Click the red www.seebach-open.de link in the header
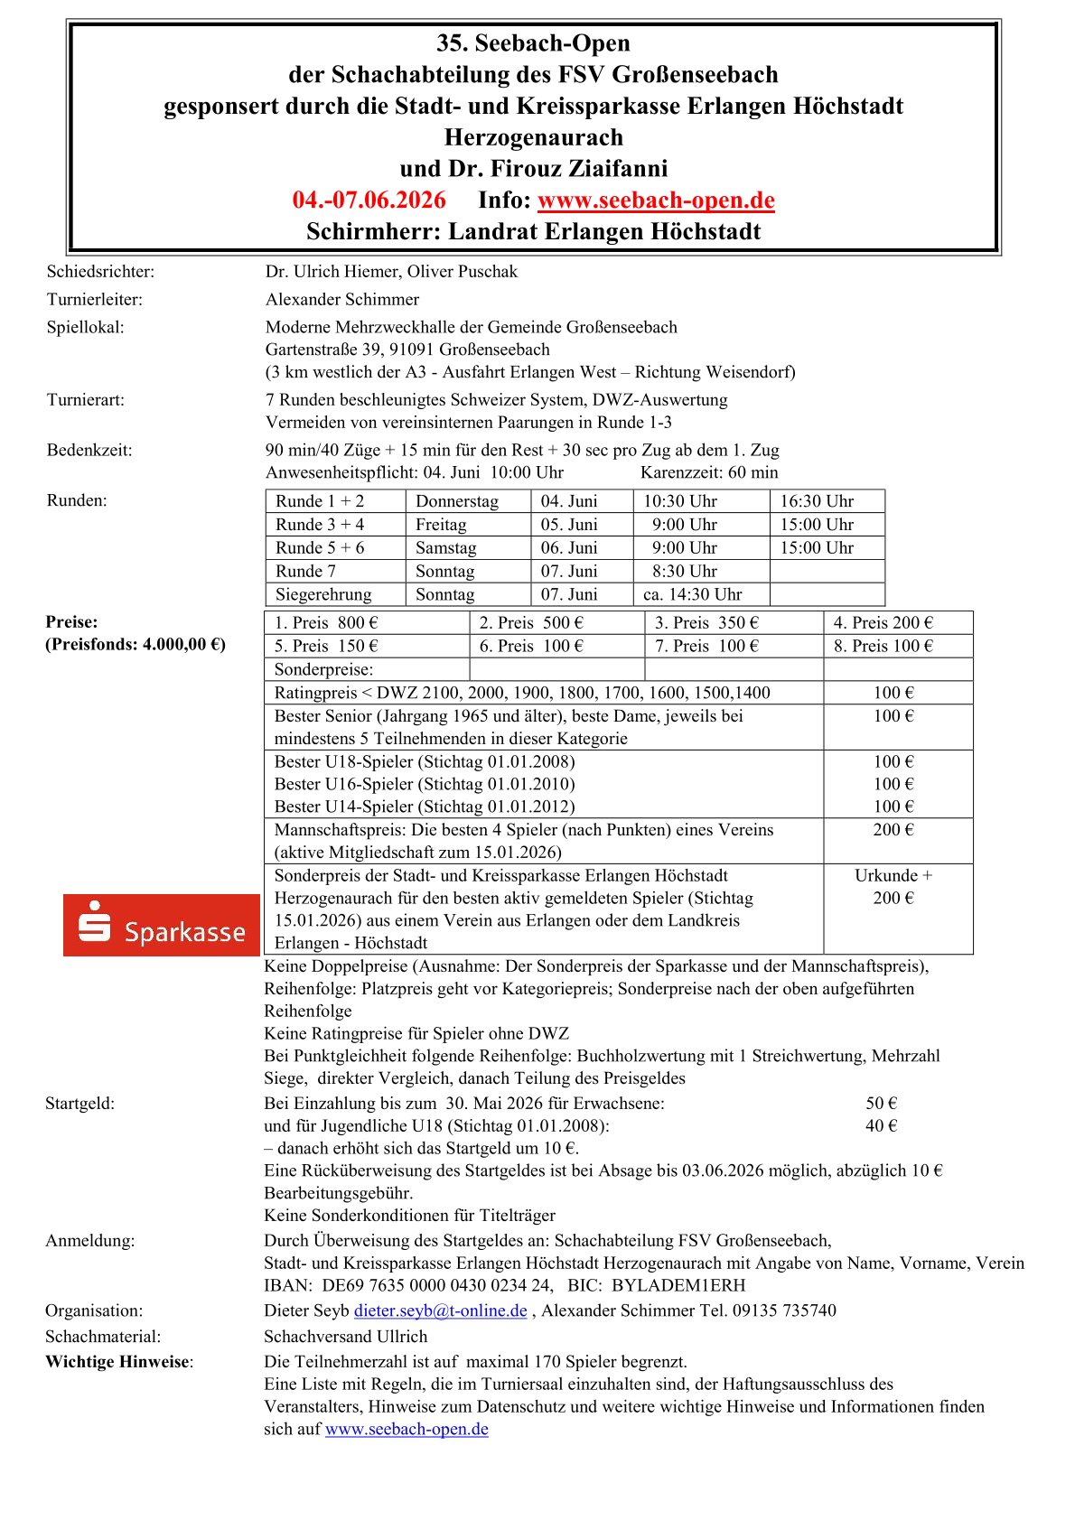pos(656,200)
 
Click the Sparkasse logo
pos(162,925)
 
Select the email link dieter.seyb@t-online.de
pos(440,1310)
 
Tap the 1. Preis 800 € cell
pos(326,622)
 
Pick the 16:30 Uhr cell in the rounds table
pos(817,501)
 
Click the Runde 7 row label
pos(305,571)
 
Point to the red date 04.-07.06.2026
pos(369,200)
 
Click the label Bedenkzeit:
pos(89,450)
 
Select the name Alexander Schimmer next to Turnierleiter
pos(342,299)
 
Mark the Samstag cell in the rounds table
pos(445,547)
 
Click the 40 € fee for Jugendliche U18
pos(881,1125)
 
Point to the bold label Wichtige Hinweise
pos(118,1362)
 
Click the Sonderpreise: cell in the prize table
pos(323,669)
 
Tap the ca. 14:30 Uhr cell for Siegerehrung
pos(692,594)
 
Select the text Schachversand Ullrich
pos(345,1336)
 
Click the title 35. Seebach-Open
pos(533,43)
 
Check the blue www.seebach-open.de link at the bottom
pos(407,1429)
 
